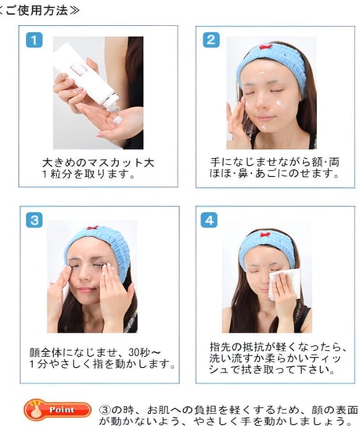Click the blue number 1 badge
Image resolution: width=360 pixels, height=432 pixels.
(x=34, y=40)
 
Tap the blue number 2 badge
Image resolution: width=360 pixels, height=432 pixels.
(x=211, y=40)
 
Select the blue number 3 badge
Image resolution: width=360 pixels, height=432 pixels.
(x=34, y=220)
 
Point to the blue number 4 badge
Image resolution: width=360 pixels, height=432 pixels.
(x=209, y=220)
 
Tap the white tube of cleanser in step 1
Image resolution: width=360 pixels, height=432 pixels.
(x=86, y=74)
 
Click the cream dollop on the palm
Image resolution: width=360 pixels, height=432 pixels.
(x=117, y=120)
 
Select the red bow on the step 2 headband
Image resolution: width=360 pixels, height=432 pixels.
(x=266, y=47)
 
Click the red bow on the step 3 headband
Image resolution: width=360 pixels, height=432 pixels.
(x=93, y=228)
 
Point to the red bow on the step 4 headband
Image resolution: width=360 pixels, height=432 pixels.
(x=265, y=235)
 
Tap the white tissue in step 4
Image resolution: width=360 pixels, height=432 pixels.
(x=284, y=284)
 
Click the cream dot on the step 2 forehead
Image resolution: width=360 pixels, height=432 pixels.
(x=261, y=74)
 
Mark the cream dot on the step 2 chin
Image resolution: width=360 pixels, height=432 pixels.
(x=265, y=128)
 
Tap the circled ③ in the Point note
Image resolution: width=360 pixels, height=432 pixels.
(x=104, y=410)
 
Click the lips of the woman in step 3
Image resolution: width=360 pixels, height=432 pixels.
(x=85, y=290)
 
